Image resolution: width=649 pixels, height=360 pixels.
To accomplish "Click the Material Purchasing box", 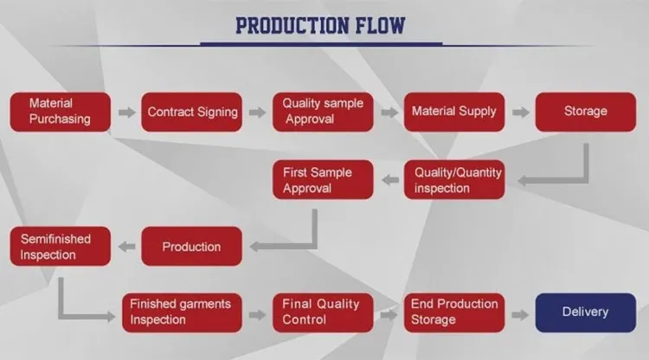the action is coord(61,112).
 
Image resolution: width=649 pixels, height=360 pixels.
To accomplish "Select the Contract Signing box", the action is coord(191,112).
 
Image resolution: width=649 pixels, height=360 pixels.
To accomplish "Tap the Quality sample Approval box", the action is coord(323,112).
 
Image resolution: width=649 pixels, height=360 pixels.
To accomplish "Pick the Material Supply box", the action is coord(454,112).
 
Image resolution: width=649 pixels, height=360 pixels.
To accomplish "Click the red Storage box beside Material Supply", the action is coord(586,112).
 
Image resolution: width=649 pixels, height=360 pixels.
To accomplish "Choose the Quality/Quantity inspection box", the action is coord(454,180).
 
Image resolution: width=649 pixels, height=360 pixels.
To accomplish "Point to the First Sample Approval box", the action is coord(323,180).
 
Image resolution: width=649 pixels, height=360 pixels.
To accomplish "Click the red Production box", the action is coord(191,247).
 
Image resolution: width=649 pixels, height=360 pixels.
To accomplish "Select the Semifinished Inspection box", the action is coord(61,247).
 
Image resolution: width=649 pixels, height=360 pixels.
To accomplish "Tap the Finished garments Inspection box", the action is coord(182,312).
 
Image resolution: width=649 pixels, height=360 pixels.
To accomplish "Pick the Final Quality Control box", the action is coord(323,312).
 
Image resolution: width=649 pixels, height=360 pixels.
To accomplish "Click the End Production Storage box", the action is coord(454,312).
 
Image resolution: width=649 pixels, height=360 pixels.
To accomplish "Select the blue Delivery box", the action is coord(586,312).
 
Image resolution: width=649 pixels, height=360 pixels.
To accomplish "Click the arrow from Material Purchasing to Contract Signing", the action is coord(126,112).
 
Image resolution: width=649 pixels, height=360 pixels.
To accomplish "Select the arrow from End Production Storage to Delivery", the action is coord(520,315).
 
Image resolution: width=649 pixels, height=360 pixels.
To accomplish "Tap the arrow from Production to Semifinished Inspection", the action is coord(126,247).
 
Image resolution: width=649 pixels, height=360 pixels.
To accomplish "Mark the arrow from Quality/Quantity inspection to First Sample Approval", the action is coord(390,180).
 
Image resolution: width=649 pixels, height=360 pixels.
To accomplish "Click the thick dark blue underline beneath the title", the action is coord(321,43).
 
